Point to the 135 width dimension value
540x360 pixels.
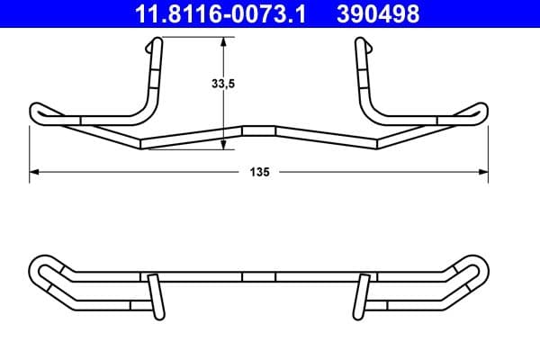pos(260,171)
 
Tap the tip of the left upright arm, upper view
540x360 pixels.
pos(158,42)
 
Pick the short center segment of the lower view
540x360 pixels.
pos(259,278)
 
